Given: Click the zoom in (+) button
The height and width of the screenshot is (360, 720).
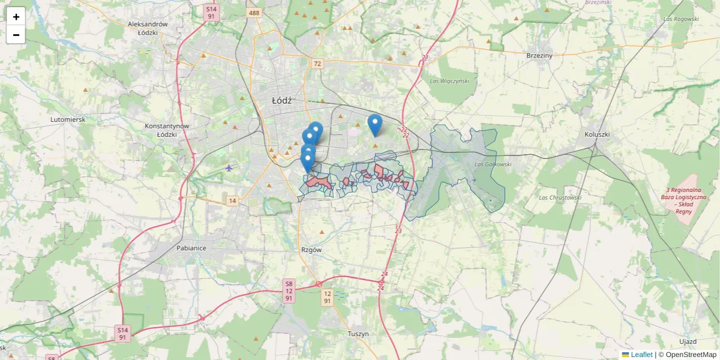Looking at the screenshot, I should (x=16, y=17).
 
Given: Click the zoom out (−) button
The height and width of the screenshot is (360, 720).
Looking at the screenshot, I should (x=16, y=35).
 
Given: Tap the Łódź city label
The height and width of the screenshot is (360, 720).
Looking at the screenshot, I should (x=281, y=101).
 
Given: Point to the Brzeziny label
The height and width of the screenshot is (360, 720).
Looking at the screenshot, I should (x=539, y=55).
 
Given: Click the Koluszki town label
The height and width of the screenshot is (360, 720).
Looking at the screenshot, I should (x=597, y=134).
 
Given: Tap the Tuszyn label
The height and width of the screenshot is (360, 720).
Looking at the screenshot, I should (x=358, y=333).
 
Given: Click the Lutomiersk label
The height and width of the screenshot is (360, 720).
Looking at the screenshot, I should (x=68, y=119).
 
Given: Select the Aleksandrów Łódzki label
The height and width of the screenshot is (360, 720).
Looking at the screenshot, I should (x=148, y=28).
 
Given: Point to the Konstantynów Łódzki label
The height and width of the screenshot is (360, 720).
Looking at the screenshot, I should (x=167, y=130).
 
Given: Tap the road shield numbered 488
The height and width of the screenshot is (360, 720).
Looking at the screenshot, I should (x=254, y=13).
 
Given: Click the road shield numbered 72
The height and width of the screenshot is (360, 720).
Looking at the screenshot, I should (x=317, y=64).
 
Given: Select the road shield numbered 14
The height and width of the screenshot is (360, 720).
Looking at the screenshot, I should (x=232, y=200).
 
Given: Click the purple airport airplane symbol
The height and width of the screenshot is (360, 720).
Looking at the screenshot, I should (x=229, y=167).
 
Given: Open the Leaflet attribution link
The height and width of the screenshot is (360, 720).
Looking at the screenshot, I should (x=641, y=355).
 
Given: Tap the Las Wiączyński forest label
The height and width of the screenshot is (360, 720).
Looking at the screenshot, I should (x=449, y=80).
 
